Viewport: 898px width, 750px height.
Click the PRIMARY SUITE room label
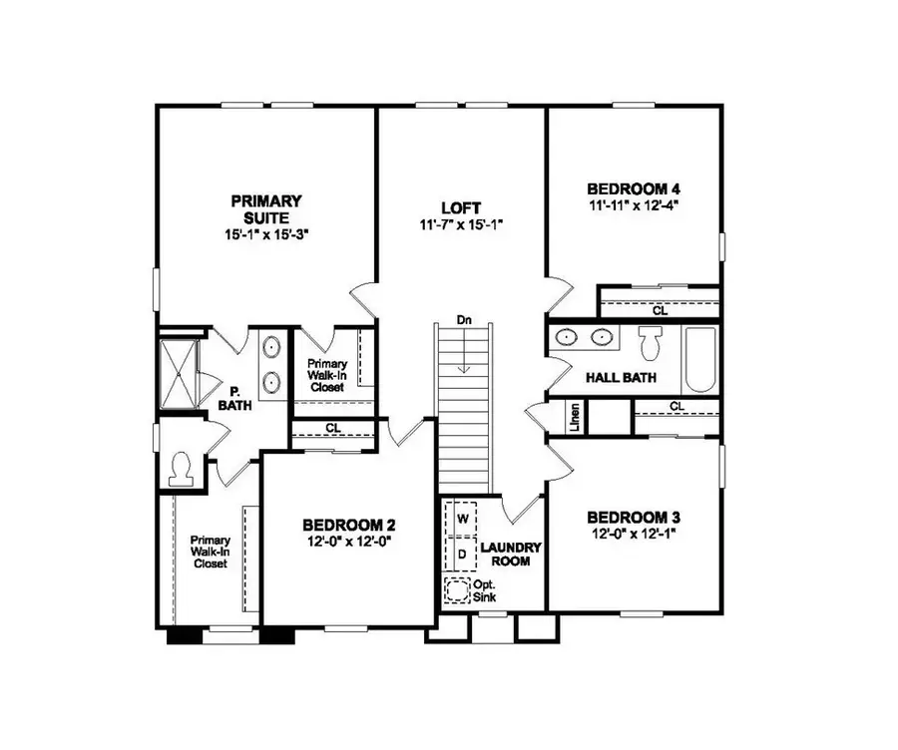(x=265, y=208)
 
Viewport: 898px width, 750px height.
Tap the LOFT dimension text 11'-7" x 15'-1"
(x=460, y=225)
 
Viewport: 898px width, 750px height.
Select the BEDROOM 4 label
(x=634, y=188)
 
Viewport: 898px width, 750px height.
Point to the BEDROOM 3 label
(x=634, y=518)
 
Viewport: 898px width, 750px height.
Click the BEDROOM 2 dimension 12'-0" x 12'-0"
(x=349, y=542)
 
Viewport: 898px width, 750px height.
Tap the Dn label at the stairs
(x=464, y=321)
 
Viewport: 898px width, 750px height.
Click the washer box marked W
(x=462, y=520)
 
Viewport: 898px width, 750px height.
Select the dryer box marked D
(x=462, y=552)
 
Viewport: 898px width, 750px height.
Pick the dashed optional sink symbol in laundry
(x=458, y=590)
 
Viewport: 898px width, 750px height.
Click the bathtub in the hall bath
(x=699, y=360)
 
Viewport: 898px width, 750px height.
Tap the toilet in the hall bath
(x=652, y=345)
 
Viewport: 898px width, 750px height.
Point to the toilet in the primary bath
(x=182, y=468)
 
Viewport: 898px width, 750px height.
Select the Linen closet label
(x=575, y=418)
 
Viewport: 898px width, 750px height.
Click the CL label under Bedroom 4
(x=660, y=310)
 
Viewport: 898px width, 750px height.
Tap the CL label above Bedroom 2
(x=331, y=429)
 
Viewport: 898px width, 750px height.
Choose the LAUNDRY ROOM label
(x=511, y=555)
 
